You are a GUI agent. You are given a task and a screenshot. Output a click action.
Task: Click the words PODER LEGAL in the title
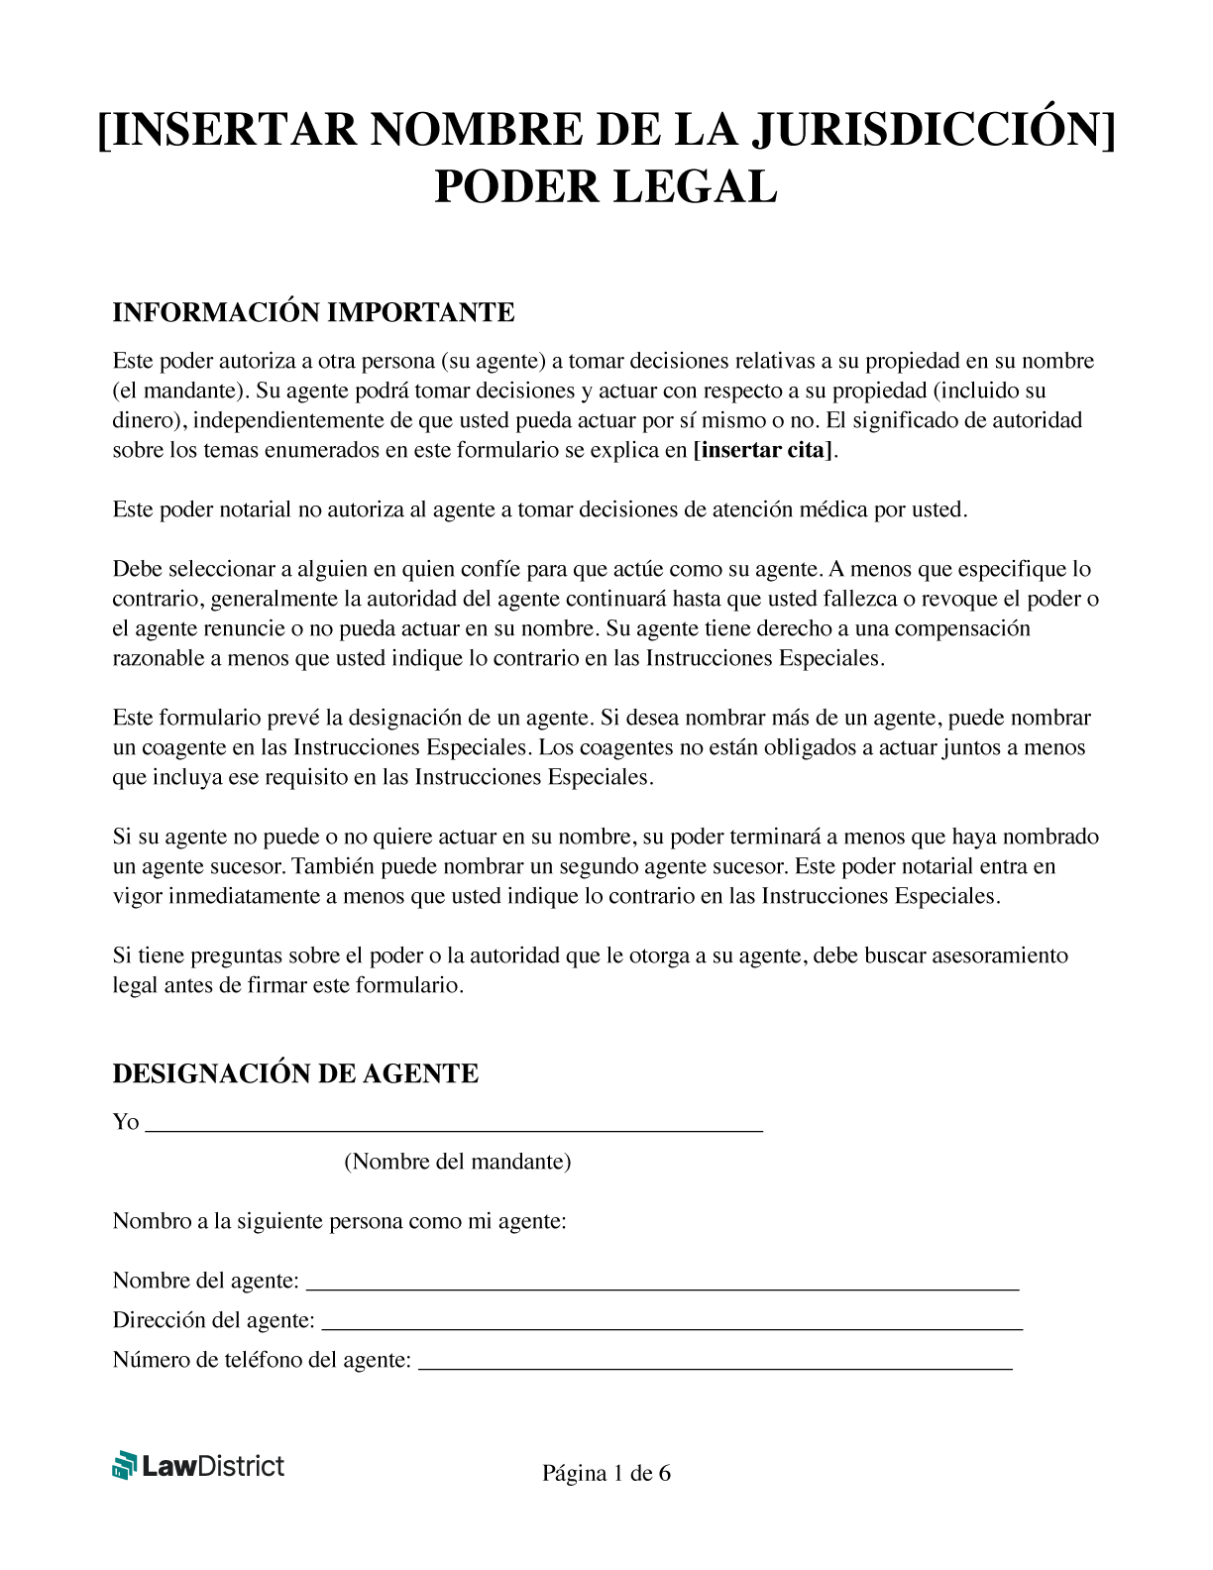click(606, 188)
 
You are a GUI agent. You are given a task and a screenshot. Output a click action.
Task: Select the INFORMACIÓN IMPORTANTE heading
click(313, 312)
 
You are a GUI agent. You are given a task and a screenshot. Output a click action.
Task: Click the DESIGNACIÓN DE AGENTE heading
click(295, 1073)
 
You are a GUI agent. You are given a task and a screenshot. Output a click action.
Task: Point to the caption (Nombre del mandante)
click(457, 1162)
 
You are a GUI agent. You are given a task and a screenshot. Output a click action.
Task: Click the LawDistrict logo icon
click(124, 1465)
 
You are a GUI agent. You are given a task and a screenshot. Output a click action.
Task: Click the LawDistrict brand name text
click(213, 1466)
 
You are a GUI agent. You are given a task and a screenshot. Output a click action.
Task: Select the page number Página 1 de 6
click(606, 1474)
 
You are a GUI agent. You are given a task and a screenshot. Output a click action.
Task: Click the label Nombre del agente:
click(205, 1281)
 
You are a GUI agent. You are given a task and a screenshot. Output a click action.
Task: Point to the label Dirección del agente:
click(213, 1320)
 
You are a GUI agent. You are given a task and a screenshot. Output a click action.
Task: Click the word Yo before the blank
click(126, 1122)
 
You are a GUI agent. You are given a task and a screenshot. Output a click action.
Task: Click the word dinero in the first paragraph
click(146, 420)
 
